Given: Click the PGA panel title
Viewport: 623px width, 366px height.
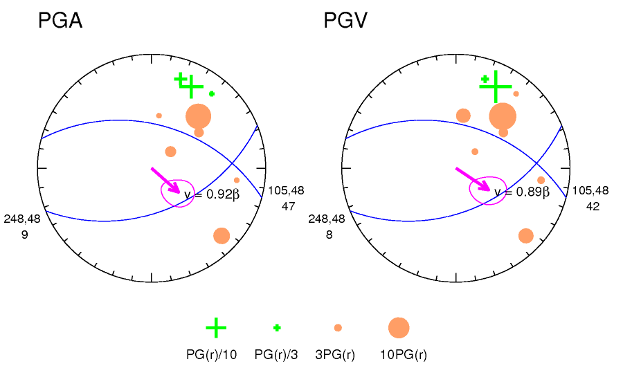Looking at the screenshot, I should point(60,21).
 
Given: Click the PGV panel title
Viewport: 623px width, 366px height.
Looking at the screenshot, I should point(345,21).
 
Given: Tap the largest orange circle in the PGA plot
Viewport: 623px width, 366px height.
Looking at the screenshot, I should point(198,116).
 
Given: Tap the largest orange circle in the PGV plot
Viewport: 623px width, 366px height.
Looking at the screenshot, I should point(503,116).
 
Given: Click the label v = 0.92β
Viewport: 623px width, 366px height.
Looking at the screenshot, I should point(212,195).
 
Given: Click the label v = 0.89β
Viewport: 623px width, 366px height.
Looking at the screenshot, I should point(521,192).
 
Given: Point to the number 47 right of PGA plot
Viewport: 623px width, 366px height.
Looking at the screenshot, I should point(290,206).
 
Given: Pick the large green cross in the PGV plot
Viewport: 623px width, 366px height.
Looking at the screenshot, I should point(495,86).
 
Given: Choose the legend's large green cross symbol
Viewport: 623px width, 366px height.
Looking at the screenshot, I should point(216,327).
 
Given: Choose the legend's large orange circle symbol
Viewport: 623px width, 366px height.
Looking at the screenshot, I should point(399,328).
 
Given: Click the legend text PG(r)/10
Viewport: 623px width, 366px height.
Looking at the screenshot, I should point(212,354).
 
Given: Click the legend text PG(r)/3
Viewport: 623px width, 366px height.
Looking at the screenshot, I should point(276,354).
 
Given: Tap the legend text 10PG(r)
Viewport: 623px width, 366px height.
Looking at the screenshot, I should point(404,354).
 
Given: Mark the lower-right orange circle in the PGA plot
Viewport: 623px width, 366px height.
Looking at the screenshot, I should point(222,235).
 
